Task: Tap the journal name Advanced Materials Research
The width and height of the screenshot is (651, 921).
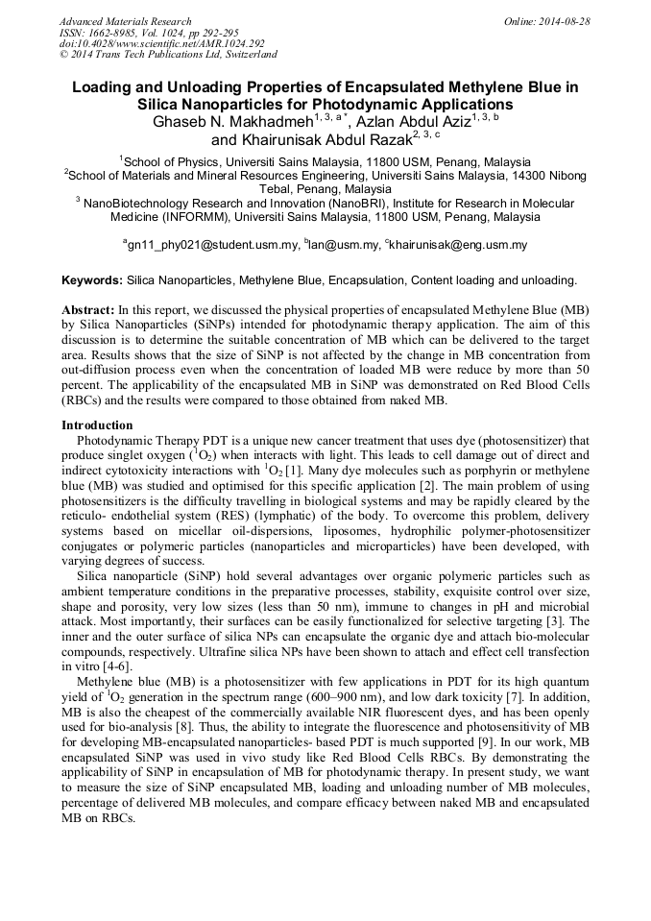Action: point(125,21)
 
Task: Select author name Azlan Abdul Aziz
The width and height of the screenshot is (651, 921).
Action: point(418,122)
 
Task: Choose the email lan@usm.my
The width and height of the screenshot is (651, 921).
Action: point(344,245)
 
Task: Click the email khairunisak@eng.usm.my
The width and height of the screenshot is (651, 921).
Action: point(458,245)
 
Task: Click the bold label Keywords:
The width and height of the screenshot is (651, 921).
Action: point(92,280)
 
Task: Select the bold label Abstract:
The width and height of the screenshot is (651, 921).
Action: point(87,311)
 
